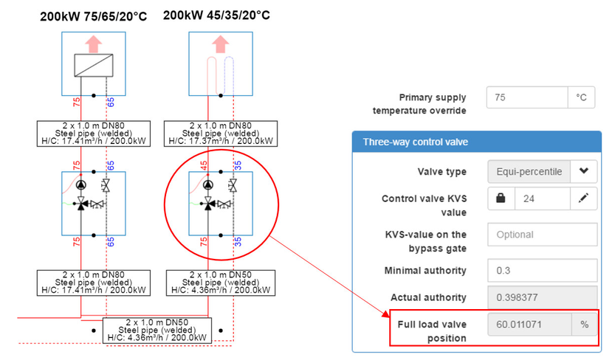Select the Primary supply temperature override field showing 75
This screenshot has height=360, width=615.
(526, 97)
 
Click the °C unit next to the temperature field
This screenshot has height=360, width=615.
(581, 97)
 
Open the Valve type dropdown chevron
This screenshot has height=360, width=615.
(583, 172)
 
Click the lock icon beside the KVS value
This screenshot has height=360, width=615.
(501, 199)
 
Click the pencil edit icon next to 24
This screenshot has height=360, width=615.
(583, 199)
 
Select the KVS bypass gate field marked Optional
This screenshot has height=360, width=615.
(542, 235)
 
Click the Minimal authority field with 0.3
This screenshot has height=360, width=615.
(542, 270)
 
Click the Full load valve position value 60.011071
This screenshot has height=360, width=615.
(529, 324)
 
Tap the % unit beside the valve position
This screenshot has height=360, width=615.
(583, 324)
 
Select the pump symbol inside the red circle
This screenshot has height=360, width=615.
(208, 184)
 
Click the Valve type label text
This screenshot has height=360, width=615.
(442, 172)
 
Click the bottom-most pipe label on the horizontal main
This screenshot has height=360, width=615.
(157, 330)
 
